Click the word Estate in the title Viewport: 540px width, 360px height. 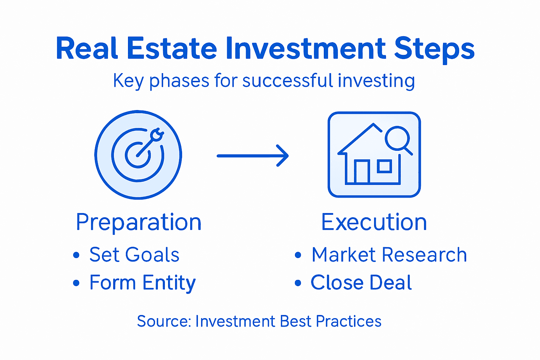(172, 49)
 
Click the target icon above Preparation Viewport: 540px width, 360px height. (138, 155)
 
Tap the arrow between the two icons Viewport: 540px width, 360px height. (253, 155)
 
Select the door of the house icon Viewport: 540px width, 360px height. (361, 172)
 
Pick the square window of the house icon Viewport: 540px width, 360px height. (384, 166)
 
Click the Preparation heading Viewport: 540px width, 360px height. (139, 222)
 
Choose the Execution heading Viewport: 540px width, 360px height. (374, 222)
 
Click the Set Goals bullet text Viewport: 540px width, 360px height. (134, 255)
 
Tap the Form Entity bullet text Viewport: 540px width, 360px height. (142, 283)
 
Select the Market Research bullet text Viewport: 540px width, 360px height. (389, 255)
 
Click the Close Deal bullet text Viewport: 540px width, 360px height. (361, 283)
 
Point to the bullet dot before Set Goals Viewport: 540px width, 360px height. (76, 255)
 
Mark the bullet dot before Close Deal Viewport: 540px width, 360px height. (298, 283)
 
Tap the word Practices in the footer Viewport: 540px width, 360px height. (348, 321)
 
